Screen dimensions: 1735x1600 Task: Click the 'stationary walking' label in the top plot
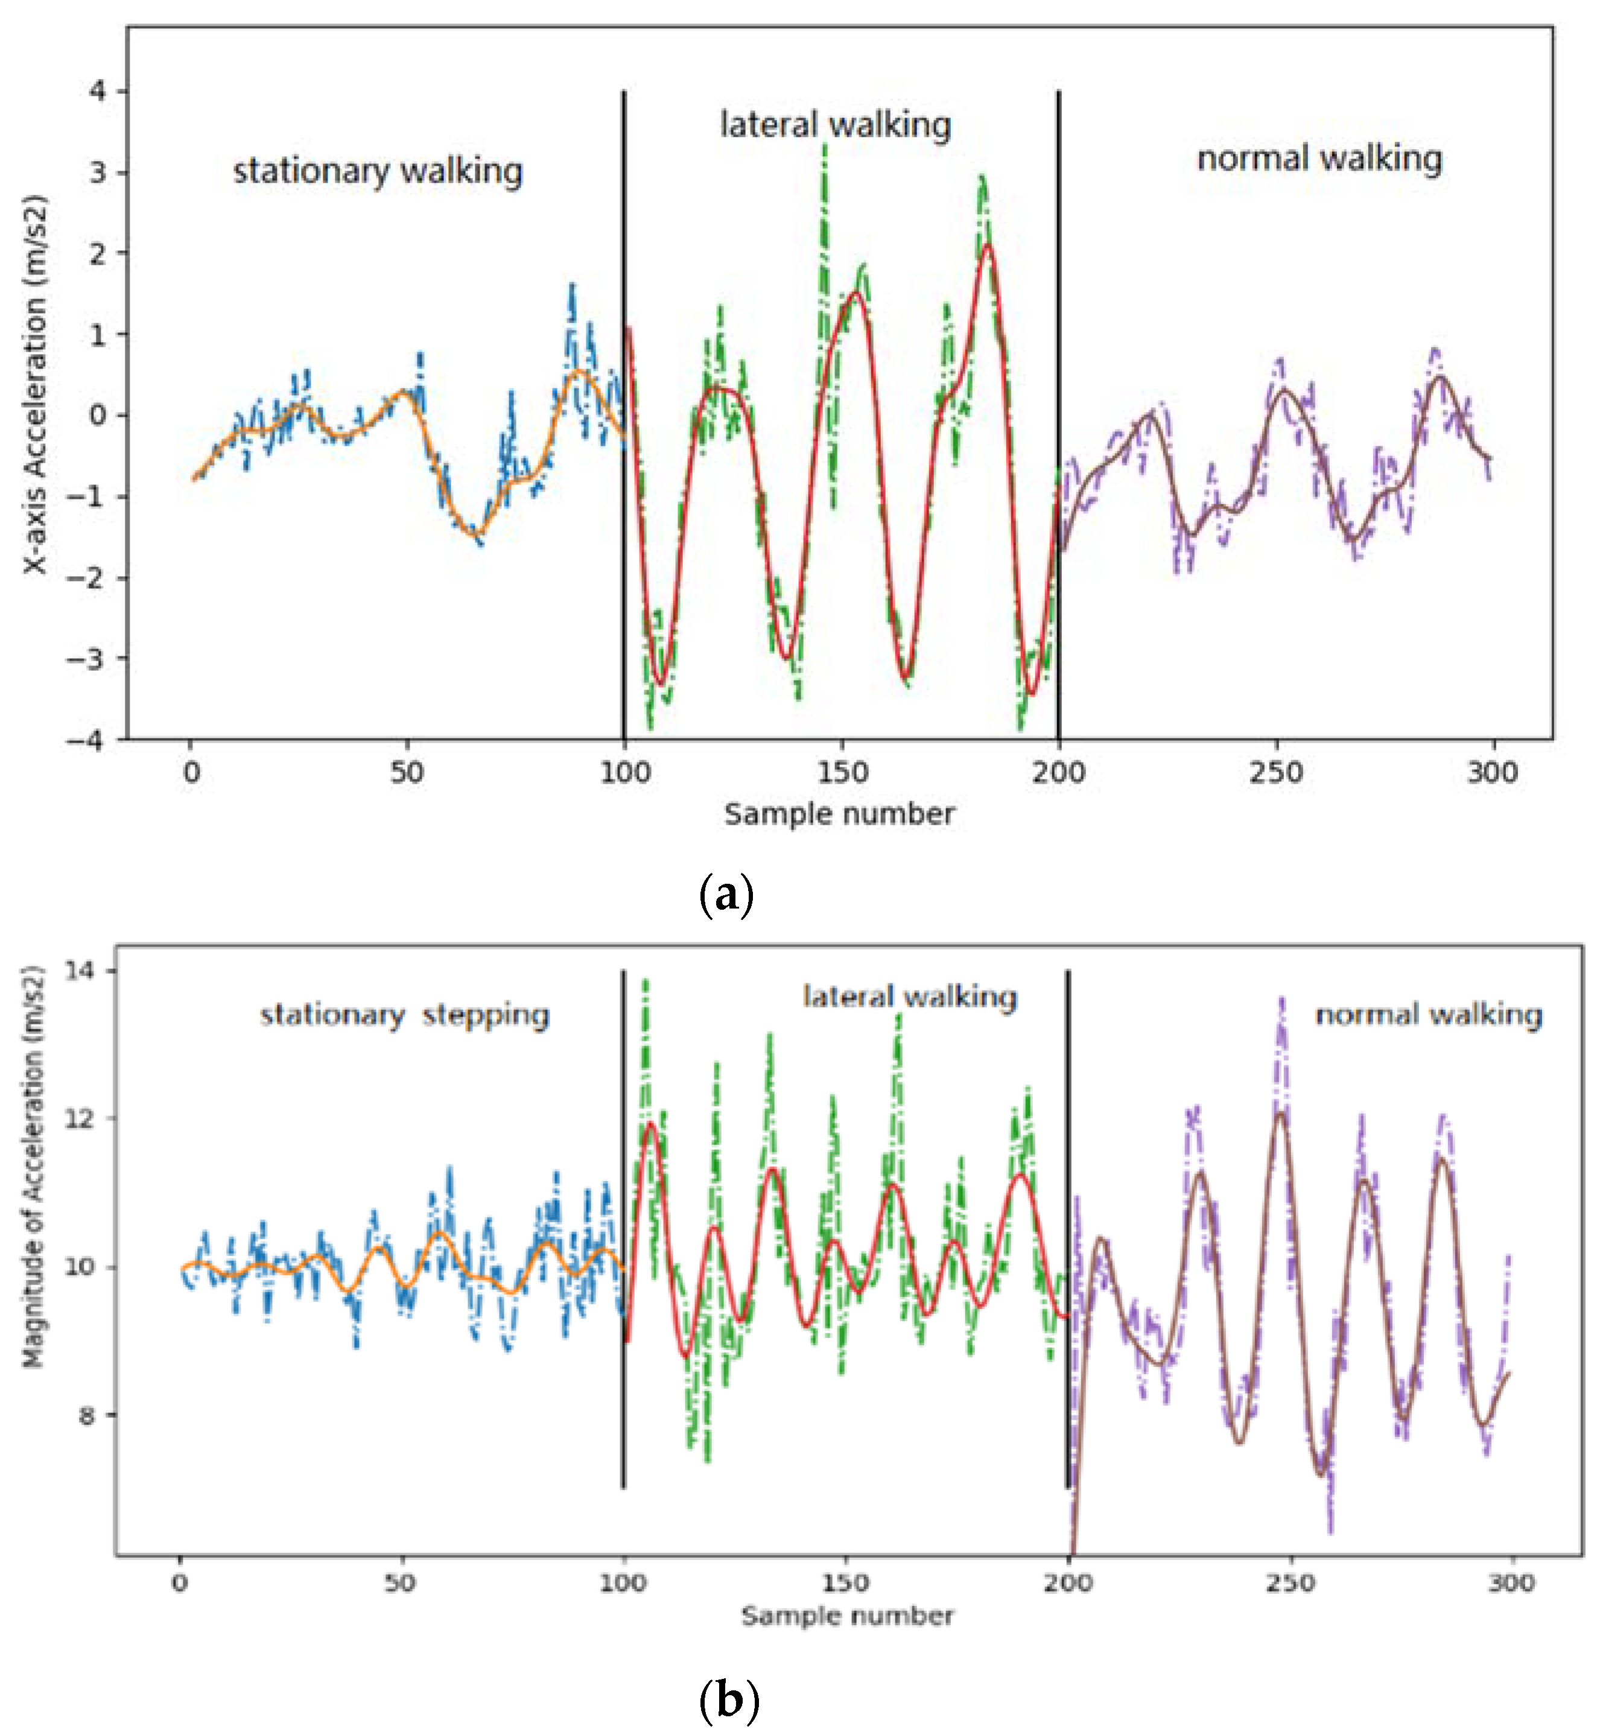click(x=378, y=171)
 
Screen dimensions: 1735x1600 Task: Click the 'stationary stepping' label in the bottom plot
click(x=404, y=1015)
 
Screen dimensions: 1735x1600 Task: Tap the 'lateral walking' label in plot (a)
click(x=836, y=125)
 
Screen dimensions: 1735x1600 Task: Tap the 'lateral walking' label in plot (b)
click(x=910, y=997)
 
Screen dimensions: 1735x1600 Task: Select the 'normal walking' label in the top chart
click(x=1319, y=159)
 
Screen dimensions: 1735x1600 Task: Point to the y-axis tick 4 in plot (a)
click(x=97, y=91)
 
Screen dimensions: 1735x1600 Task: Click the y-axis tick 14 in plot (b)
click(x=79, y=971)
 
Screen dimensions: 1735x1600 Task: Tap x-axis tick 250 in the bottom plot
click(x=1290, y=1584)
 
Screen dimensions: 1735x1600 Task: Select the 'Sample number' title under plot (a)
click(x=839, y=814)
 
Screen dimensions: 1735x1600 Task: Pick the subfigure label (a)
click(x=726, y=895)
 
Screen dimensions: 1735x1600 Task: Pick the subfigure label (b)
click(x=728, y=1701)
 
